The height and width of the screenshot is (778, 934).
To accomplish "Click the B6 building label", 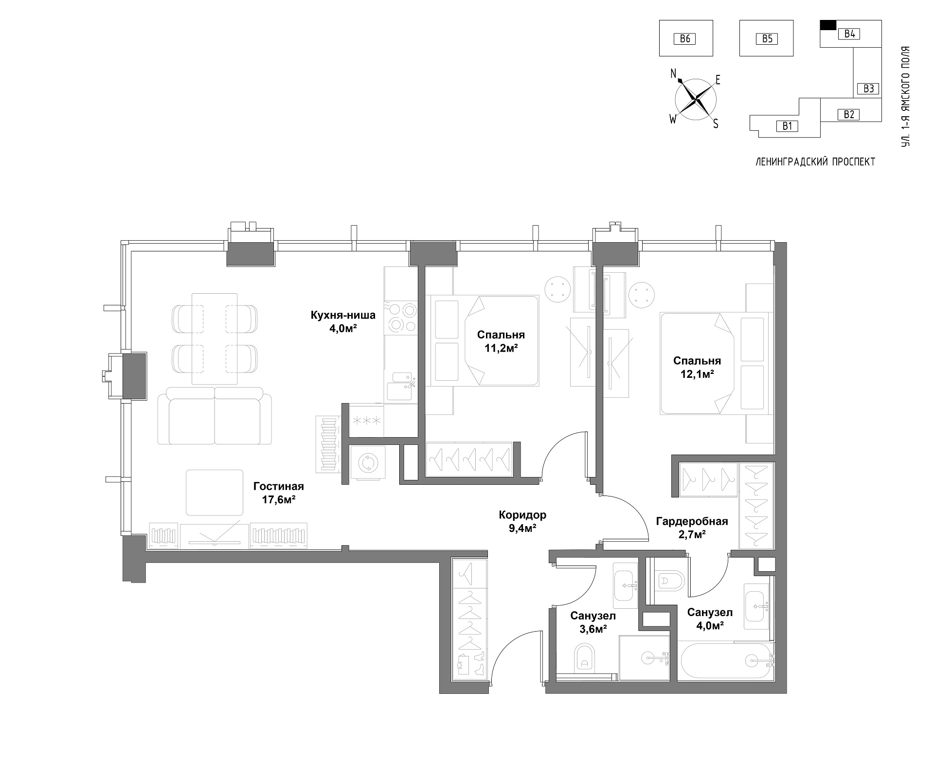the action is click(685, 38).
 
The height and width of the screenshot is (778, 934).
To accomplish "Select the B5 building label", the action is click(767, 38).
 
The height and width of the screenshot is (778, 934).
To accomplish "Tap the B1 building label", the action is click(788, 126).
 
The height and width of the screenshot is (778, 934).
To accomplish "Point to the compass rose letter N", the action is click(674, 73).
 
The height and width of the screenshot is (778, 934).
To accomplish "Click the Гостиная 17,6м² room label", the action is click(279, 493).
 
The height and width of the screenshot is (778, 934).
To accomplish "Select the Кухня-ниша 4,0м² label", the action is click(343, 321).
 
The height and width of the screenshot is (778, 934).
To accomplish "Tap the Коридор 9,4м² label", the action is click(522, 521).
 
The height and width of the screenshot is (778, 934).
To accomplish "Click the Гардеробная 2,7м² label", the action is click(692, 528).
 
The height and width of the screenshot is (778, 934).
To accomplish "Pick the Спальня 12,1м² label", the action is click(697, 367).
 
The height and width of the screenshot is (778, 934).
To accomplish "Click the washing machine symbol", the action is click(367, 462).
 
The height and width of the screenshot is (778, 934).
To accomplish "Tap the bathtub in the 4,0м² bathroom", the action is click(726, 660).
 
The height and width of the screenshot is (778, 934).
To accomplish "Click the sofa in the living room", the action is click(215, 416).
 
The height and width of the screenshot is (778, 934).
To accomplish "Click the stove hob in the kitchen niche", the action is click(400, 317).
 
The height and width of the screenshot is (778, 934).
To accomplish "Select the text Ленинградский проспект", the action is click(815, 162).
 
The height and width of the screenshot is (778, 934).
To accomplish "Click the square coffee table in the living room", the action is click(215, 493).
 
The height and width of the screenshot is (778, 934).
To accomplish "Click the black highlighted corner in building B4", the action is click(828, 25).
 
